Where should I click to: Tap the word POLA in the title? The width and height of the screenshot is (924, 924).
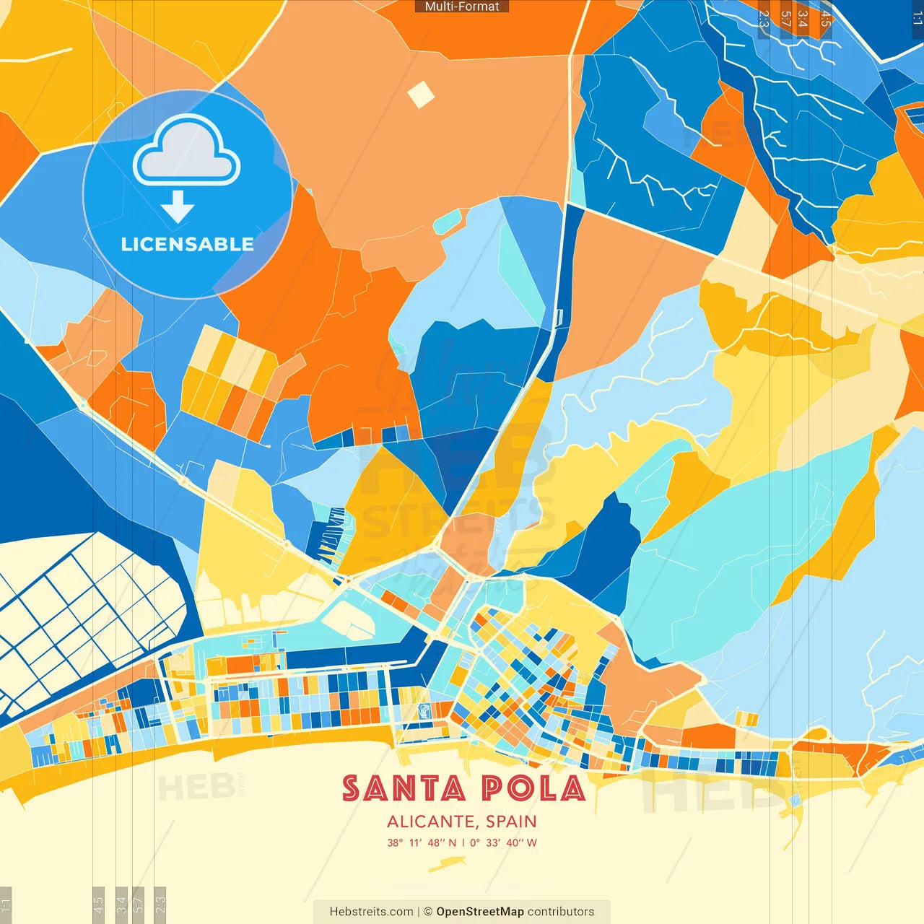[533, 788]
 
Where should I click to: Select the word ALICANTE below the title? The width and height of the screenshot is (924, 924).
[430, 821]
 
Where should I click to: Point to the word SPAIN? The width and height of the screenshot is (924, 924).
[511, 821]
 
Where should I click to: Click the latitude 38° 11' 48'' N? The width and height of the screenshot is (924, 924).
[422, 842]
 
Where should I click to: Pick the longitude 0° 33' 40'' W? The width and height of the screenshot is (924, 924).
[504, 842]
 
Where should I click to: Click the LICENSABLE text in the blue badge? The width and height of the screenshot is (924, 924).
[187, 245]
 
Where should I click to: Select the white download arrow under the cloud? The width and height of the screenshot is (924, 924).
[178, 207]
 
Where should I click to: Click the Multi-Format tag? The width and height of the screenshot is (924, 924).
[462, 6]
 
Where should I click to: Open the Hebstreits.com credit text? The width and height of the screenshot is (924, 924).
[371, 912]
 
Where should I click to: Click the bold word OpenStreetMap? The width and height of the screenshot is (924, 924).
[480, 912]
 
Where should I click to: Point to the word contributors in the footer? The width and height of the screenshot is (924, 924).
[561, 912]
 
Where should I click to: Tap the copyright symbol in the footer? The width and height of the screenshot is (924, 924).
[427, 912]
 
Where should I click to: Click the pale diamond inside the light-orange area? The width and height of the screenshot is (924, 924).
[421, 95]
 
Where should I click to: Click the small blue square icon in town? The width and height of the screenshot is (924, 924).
[424, 712]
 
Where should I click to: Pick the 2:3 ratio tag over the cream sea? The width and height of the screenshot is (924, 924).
[160, 904]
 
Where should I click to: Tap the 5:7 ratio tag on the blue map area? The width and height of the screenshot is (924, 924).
[785, 18]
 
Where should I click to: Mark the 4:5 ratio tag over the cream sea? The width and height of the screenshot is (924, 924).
[98, 904]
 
